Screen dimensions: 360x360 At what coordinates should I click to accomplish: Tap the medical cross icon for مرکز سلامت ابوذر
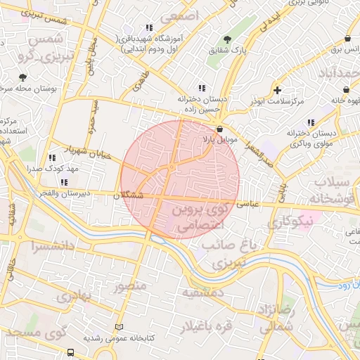coord(278,90)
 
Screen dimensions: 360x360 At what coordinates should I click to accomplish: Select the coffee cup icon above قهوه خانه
coord(347,90)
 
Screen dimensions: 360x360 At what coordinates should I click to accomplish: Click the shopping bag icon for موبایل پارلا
coord(221,129)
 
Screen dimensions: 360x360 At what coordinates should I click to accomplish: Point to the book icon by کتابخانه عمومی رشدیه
coord(119,327)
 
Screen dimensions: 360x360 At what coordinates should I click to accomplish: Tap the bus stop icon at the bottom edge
coord(70,352)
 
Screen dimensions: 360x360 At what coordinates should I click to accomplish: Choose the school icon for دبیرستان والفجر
coord(64,182)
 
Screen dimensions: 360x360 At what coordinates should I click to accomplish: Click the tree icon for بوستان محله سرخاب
coord(23,77)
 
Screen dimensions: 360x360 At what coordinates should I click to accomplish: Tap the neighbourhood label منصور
coord(129,286)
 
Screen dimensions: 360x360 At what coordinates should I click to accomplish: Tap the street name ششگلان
coord(127,195)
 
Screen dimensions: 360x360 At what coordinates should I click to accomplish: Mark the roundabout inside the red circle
coord(172,168)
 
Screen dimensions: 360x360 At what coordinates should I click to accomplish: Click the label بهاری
coord(75,296)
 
